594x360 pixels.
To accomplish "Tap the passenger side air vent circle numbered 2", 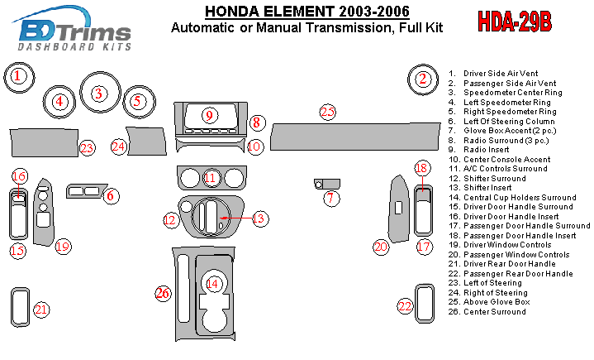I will click(x=423, y=79).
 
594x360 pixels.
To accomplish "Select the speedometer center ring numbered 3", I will click(x=98, y=94).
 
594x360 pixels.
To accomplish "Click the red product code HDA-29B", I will click(x=515, y=22).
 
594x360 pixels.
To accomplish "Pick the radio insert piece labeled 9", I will click(x=210, y=116).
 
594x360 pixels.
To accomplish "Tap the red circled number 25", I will click(x=328, y=112).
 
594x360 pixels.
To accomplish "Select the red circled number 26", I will click(x=163, y=292).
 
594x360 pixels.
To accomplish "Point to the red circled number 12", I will click(x=171, y=220).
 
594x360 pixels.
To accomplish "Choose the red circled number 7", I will click(x=331, y=198).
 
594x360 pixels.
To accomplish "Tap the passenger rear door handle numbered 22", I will click(x=425, y=305).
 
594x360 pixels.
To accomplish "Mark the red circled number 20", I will click(x=380, y=247).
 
